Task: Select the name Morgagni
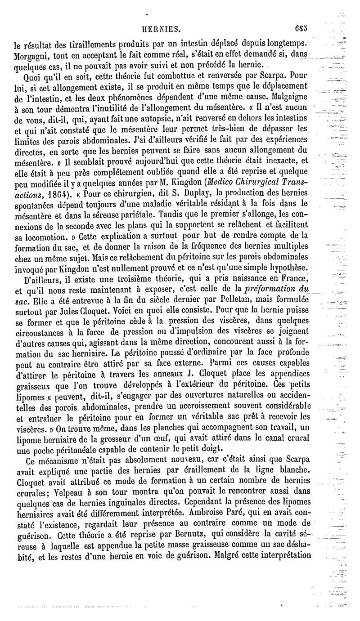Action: pyautogui.click(x=31, y=54)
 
